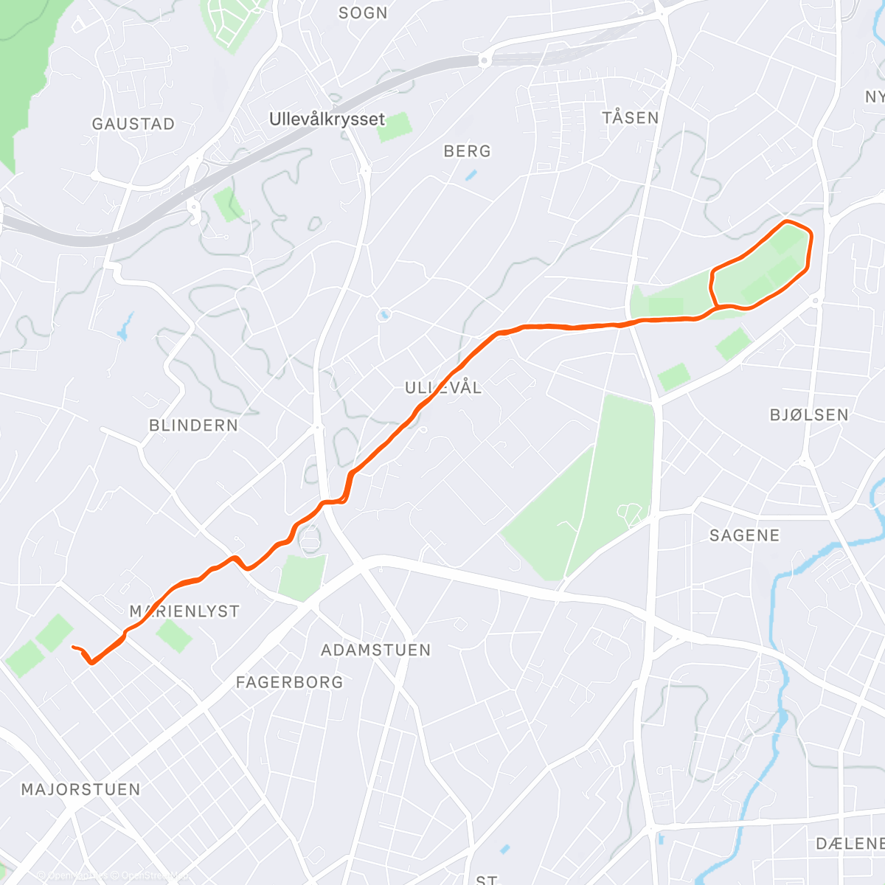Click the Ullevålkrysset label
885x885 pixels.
click(x=327, y=119)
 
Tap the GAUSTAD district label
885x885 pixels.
click(x=133, y=124)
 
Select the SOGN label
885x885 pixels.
click(x=363, y=13)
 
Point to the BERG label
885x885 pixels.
click(x=467, y=151)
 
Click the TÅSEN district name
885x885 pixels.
click(x=630, y=118)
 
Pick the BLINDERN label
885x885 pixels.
click(x=193, y=426)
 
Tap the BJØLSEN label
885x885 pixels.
click(x=809, y=415)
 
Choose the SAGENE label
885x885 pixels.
click(x=744, y=535)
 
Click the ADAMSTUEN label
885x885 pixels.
click(x=375, y=650)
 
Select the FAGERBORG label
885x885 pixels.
click(x=289, y=683)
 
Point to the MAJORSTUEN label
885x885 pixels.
click(x=80, y=790)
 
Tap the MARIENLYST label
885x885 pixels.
click(x=184, y=611)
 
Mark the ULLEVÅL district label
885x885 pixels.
click(x=443, y=388)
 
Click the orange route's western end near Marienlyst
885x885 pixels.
click(x=73, y=647)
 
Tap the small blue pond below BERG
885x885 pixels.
click(x=471, y=176)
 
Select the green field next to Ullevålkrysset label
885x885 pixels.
click(x=392, y=127)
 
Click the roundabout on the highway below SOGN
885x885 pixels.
click(x=485, y=60)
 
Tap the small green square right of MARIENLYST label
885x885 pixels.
click(x=174, y=636)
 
